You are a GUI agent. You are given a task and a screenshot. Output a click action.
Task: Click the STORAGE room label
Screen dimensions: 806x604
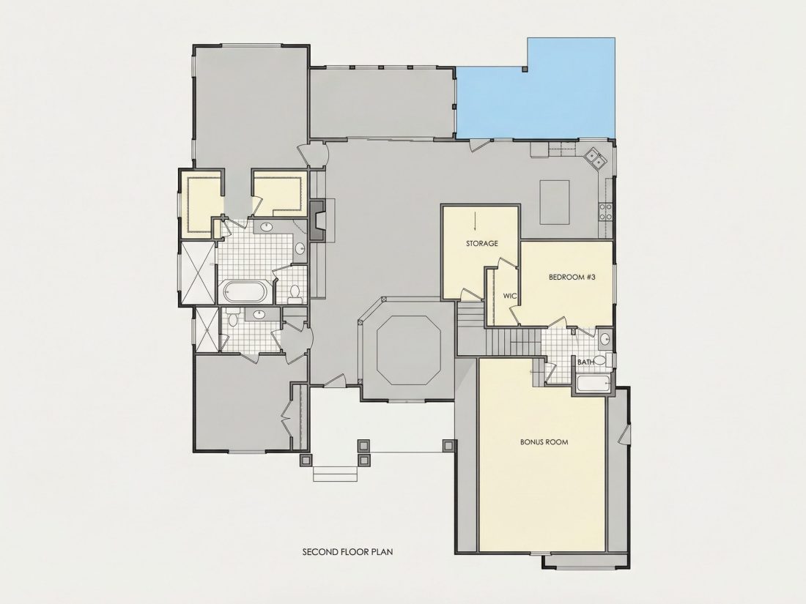(x=481, y=244)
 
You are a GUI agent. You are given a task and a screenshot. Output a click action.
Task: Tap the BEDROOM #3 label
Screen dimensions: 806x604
(x=572, y=277)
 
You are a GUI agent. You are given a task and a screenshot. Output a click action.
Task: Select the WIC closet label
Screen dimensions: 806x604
(x=509, y=296)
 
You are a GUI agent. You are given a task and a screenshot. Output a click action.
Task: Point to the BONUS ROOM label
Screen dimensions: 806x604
(x=544, y=441)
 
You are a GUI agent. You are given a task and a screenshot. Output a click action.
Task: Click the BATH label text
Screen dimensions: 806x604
(x=585, y=362)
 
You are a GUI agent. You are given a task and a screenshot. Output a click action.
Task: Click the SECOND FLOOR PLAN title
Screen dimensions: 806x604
(x=347, y=552)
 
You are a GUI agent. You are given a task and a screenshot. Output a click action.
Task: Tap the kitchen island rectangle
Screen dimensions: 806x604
(x=555, y=202)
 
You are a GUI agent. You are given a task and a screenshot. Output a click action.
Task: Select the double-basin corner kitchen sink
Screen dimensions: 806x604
(x=596, y=157)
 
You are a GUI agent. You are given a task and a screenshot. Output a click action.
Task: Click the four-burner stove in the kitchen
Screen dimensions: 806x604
(x=605, y=211)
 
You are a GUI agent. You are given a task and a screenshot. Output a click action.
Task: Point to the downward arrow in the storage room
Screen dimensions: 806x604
(x=475, y=221)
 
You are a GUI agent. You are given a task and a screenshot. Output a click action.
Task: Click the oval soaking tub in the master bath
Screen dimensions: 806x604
(x=244, y=292)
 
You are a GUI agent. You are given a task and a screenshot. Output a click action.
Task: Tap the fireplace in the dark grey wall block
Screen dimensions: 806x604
(x=318, y=220)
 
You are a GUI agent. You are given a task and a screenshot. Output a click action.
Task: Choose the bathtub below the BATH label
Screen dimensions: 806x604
(x=594, y=384)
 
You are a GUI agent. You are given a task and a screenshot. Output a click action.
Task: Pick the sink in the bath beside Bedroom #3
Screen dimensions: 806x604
(x=605, y=339)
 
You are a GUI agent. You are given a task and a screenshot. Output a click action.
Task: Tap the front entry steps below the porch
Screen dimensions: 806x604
(x=335, y=473)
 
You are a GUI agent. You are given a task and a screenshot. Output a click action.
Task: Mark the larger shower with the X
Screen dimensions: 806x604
(x=197, y=273)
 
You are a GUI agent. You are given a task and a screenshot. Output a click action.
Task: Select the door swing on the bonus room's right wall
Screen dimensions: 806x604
(x=624, y=435)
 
